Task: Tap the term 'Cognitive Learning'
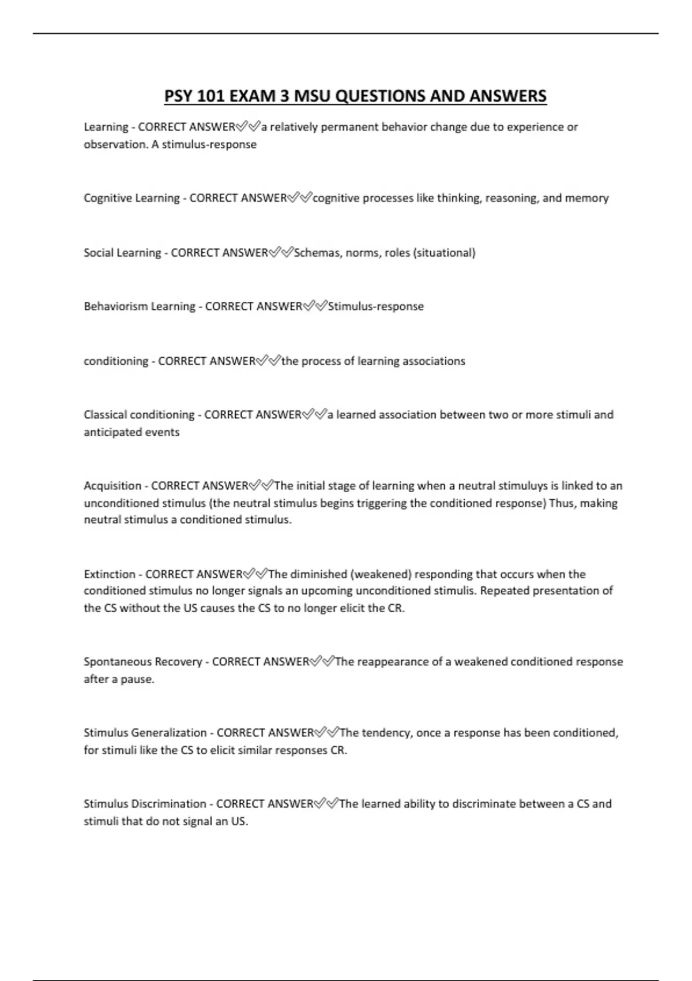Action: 131,198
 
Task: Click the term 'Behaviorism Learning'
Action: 140,306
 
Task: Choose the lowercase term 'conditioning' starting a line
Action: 116,361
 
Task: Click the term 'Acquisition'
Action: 112,486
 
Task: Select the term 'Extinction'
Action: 110,574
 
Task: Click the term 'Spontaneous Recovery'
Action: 143,662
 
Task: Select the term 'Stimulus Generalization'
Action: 145,733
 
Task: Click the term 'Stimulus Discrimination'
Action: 145,804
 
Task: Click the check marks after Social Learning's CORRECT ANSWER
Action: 281,252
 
